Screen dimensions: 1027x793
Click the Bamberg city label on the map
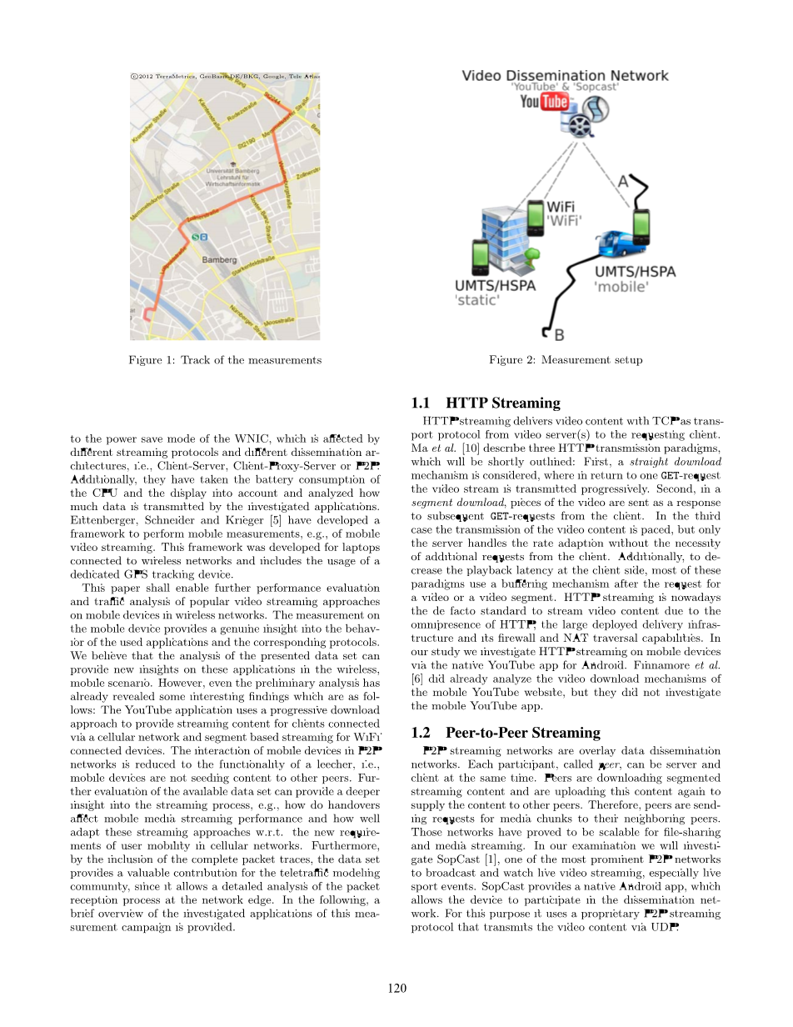[x=220, y=260]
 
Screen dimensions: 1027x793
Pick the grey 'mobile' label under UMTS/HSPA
[x=621, y=287]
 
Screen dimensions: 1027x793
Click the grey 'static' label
[x=478, y=300]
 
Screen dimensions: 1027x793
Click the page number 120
[x=396, y=989]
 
